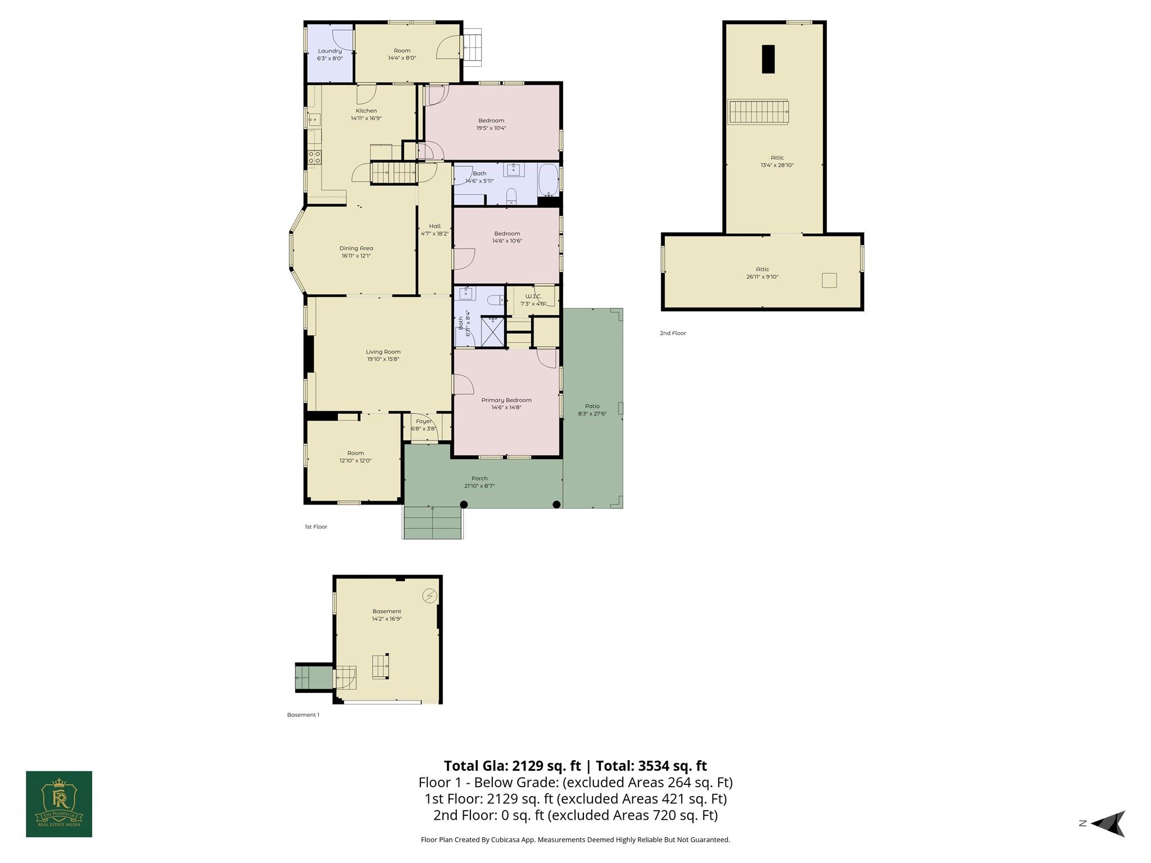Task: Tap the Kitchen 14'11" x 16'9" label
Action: (366, 115)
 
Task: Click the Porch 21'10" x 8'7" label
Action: (479, 482)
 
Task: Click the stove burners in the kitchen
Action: (315, 157)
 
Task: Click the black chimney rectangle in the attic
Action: (768, 59)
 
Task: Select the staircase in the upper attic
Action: (758, 112)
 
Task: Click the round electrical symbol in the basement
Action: (429, 596)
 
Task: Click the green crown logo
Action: (59, 804)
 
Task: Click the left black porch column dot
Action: (464, 505)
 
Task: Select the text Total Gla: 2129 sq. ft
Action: (512, 766)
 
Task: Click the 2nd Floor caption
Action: (673, 333)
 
